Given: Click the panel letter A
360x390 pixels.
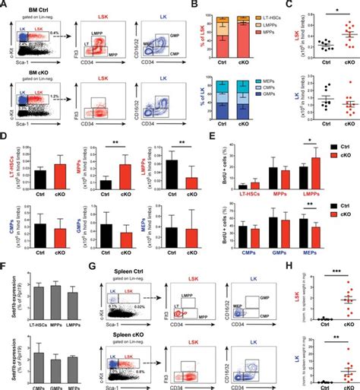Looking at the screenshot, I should tap(5, 5).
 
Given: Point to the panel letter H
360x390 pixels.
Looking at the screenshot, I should tap(304, 266).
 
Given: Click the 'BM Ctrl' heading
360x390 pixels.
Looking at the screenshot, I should tap(39, 7).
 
